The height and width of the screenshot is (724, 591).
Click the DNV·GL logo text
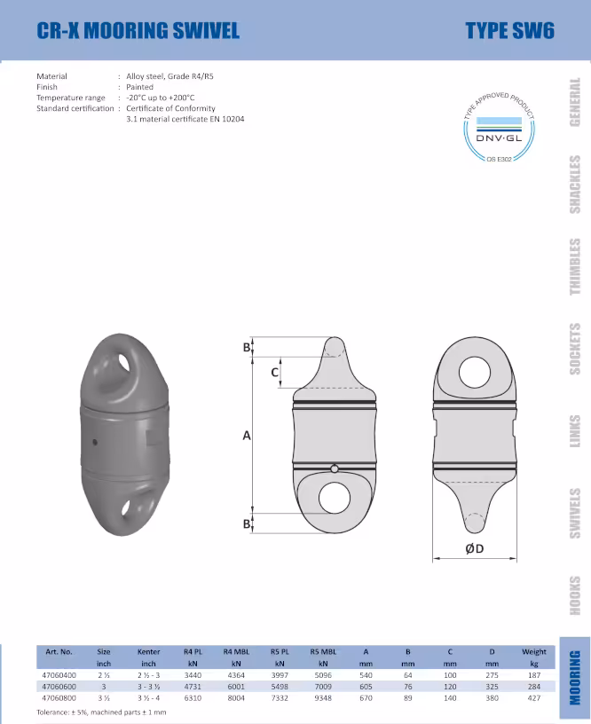click(x=499, y=138)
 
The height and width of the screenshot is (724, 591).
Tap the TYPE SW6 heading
click(x=509, y=30)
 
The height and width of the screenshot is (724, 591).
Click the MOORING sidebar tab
click(x=575, y=678)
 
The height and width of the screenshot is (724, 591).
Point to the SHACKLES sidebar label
click(x=575, y=185)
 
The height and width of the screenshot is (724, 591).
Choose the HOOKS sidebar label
click(x=575, y=595)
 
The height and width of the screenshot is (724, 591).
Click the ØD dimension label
click(x=474, y=548)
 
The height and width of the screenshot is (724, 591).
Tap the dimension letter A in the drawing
click(x=247, y=436)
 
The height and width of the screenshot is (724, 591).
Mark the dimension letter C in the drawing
click(x=275, y=372)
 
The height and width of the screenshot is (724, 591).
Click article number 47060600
click(x=59, y=687)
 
